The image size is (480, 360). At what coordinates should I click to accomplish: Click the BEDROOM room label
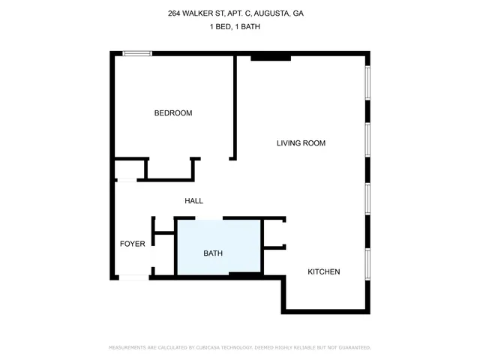tap(173, 113)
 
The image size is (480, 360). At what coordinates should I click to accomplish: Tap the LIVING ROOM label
tap(301, 143)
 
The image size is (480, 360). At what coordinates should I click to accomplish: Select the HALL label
tap(194, 201)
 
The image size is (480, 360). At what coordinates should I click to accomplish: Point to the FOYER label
tap(133, 244)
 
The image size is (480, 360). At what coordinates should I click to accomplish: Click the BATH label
tap(213, 253)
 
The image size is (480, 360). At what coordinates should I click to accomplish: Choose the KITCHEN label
tap(324, 271)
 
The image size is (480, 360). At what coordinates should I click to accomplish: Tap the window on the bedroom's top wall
tap(138, 53)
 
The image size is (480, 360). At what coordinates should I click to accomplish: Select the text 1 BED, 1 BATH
tap(240, 27)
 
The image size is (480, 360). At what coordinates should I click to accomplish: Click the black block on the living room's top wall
tap(270, 56)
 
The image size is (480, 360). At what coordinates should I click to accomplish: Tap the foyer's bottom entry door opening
tap(135, 277)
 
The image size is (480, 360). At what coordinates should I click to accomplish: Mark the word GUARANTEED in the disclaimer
tap(353, 348)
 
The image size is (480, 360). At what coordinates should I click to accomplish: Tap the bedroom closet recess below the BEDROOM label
tap(169, 169)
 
